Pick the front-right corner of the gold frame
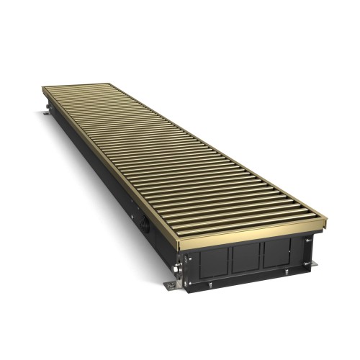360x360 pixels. pos(325,217)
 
